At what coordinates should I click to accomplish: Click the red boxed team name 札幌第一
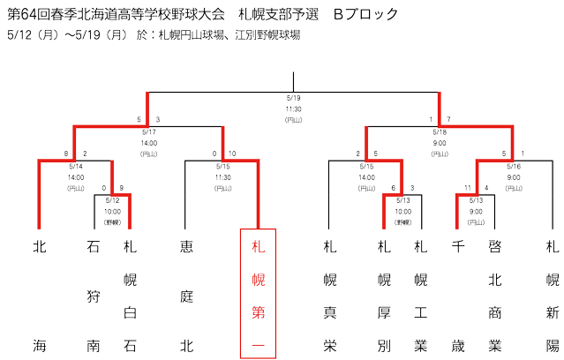(x=259, y=296)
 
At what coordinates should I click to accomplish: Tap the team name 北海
(x=40, y=296)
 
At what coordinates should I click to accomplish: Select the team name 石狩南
(x=94, y=296)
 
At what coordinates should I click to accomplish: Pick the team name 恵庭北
(x=187, y=296)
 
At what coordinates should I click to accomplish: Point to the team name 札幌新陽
(x=553, y=296)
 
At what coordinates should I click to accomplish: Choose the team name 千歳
(x=458, y=296)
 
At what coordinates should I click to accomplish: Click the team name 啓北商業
(x=495, y=296)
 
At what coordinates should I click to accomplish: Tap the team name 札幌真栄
(x=330, y=296)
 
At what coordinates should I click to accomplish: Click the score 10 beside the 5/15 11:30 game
(x=232, y=154)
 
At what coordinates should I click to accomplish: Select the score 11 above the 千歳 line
(x=468, y=188)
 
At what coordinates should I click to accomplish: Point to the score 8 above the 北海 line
(x=66, y=154)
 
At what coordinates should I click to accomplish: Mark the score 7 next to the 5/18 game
(x=448, y=119)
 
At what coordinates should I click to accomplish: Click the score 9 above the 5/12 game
(x=122, y=188)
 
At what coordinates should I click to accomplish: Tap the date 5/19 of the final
(x=294, y=98)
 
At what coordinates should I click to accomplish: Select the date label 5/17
(x=149, y=132)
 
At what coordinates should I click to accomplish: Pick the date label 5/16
(x=514, y=166)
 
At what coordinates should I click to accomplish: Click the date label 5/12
(x=113, y=200)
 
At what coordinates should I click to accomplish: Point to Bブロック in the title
(x=365, y=14)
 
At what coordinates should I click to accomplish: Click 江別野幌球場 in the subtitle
(x=268, y=35)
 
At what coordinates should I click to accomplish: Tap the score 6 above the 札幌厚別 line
(x=394, y=188)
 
